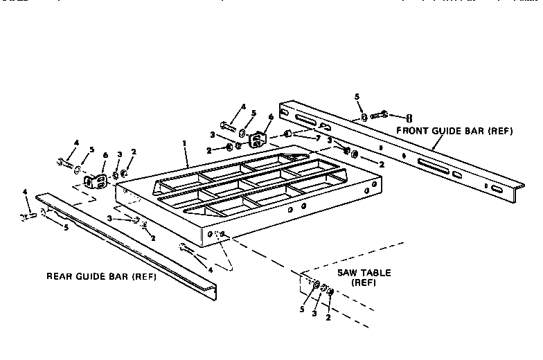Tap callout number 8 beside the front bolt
(x=408, y=117)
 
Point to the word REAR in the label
(x=60, y=277)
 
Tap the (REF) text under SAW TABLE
(x=363, y=283)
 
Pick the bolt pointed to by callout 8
(x=382, y=115)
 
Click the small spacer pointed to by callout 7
(x=289, y=134)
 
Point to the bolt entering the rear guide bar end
(x=28, y=215)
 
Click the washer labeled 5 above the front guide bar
(x=364, y=118)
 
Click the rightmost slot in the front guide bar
(x=497, y=188)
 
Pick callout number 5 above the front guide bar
(x=358, y=98)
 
